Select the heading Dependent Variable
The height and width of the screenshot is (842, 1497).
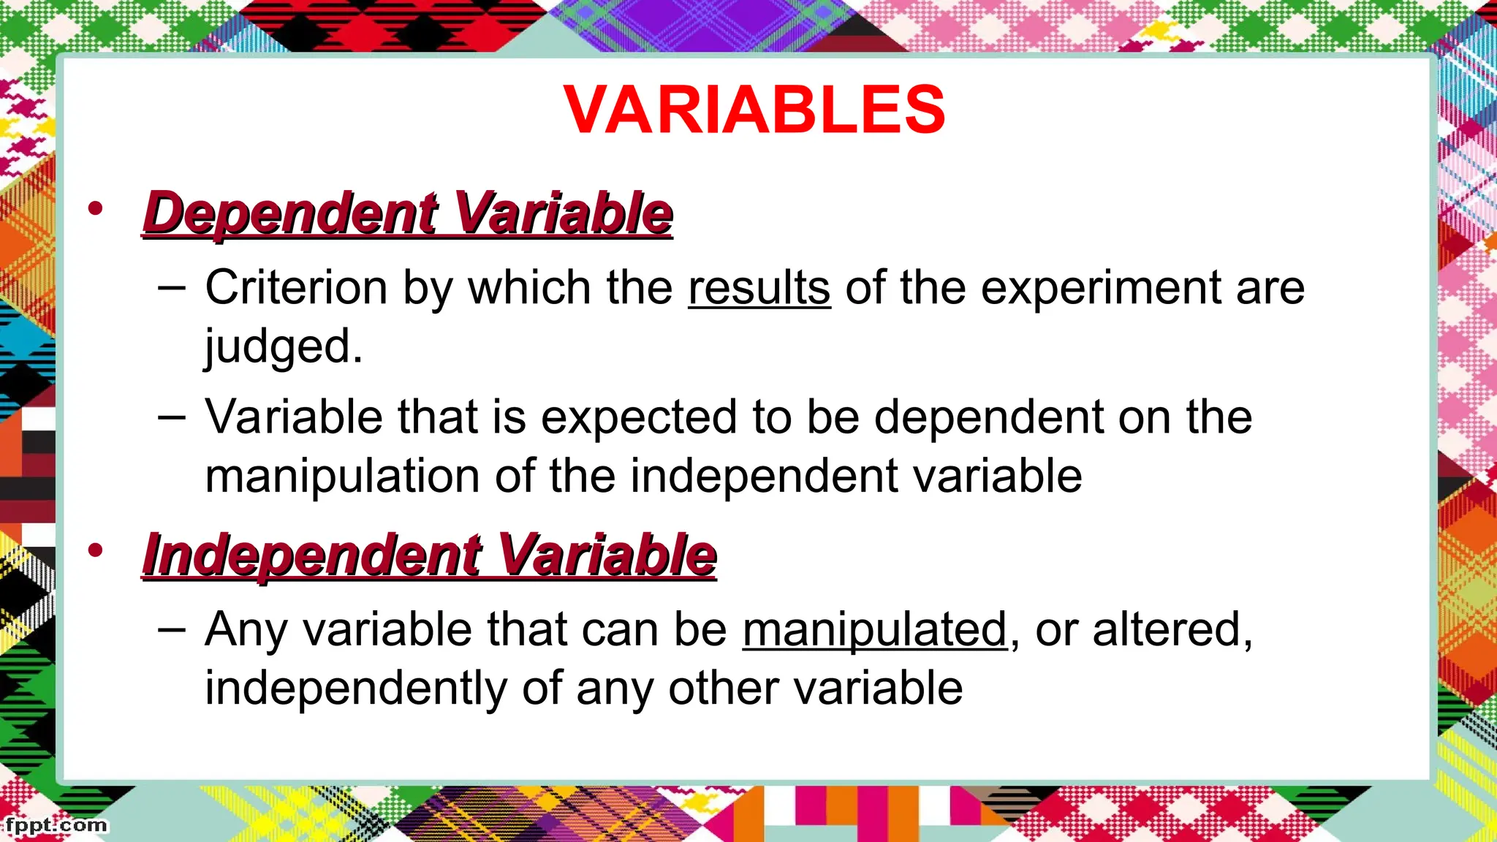coord(408,213)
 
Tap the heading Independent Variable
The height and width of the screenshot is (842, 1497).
coord(430,555)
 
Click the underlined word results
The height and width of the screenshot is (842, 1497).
coord(759,287)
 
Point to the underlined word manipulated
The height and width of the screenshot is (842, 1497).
coord(875,629)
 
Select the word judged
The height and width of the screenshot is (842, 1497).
coord(283,346)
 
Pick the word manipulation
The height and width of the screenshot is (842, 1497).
coord(342,476)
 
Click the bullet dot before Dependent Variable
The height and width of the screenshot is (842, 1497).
coord(95,209)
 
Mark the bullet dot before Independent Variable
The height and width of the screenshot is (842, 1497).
coord(95,550)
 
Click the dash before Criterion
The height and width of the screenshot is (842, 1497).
coord(171,287)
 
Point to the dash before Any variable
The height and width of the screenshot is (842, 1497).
coord(171,629)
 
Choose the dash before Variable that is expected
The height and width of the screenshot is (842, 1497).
coord(171,417)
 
